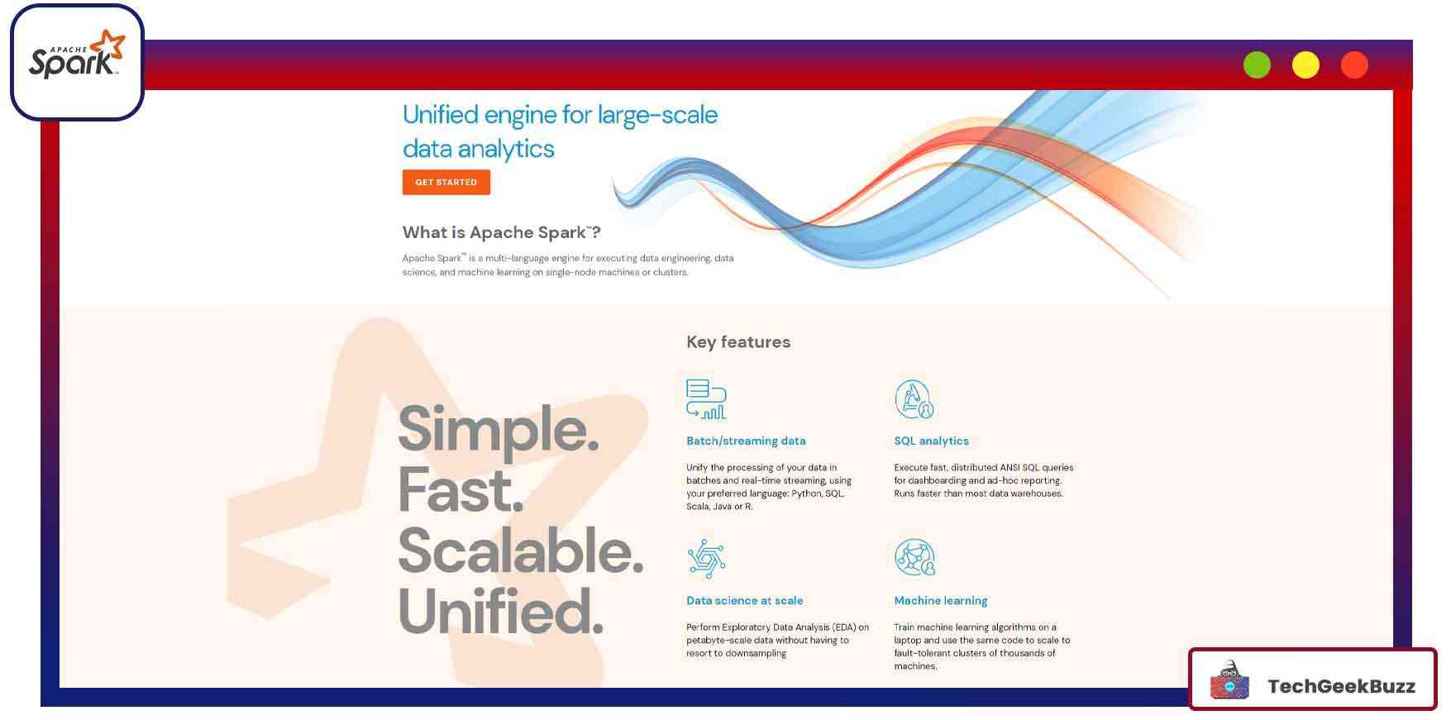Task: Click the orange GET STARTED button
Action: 446,182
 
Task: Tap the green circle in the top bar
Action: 1257,64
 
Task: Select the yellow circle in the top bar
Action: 1305,64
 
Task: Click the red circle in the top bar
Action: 1354,64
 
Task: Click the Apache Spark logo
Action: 77,55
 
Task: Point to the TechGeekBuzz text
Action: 1341,686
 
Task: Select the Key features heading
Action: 738,342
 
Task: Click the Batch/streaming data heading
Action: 746,441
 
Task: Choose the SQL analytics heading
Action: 931,441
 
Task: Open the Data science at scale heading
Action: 744,600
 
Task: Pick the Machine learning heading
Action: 941,601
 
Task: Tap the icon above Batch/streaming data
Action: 706,399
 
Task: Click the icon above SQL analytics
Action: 914,399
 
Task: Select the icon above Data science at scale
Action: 706,559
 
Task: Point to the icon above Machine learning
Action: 914,558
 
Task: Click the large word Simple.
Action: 499,430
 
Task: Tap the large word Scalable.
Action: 521,551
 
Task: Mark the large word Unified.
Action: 501,611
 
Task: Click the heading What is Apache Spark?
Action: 502,232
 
